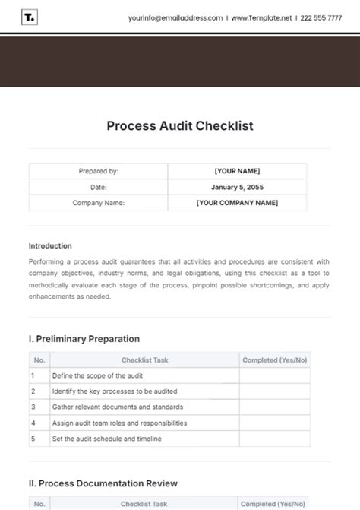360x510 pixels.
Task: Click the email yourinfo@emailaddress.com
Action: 175,17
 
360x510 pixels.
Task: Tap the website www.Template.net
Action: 261,17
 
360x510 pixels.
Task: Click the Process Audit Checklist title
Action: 180,126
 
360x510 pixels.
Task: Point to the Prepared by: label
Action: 98,172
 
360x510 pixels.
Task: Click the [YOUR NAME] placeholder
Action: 237,172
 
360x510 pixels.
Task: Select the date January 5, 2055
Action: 237,187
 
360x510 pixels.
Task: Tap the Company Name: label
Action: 98,203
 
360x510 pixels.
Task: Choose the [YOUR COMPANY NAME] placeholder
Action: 237,203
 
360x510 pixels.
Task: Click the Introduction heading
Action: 50,245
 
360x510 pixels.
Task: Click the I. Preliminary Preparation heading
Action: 84,339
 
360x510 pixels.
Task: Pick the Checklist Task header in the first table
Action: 144,360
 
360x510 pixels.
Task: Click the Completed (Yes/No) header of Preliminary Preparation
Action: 274,360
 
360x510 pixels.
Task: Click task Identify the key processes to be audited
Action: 114,391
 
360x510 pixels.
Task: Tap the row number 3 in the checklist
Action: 33,407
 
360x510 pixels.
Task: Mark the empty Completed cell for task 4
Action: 274,423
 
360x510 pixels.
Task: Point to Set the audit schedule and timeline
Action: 106,439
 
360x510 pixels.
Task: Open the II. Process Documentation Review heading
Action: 103,483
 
